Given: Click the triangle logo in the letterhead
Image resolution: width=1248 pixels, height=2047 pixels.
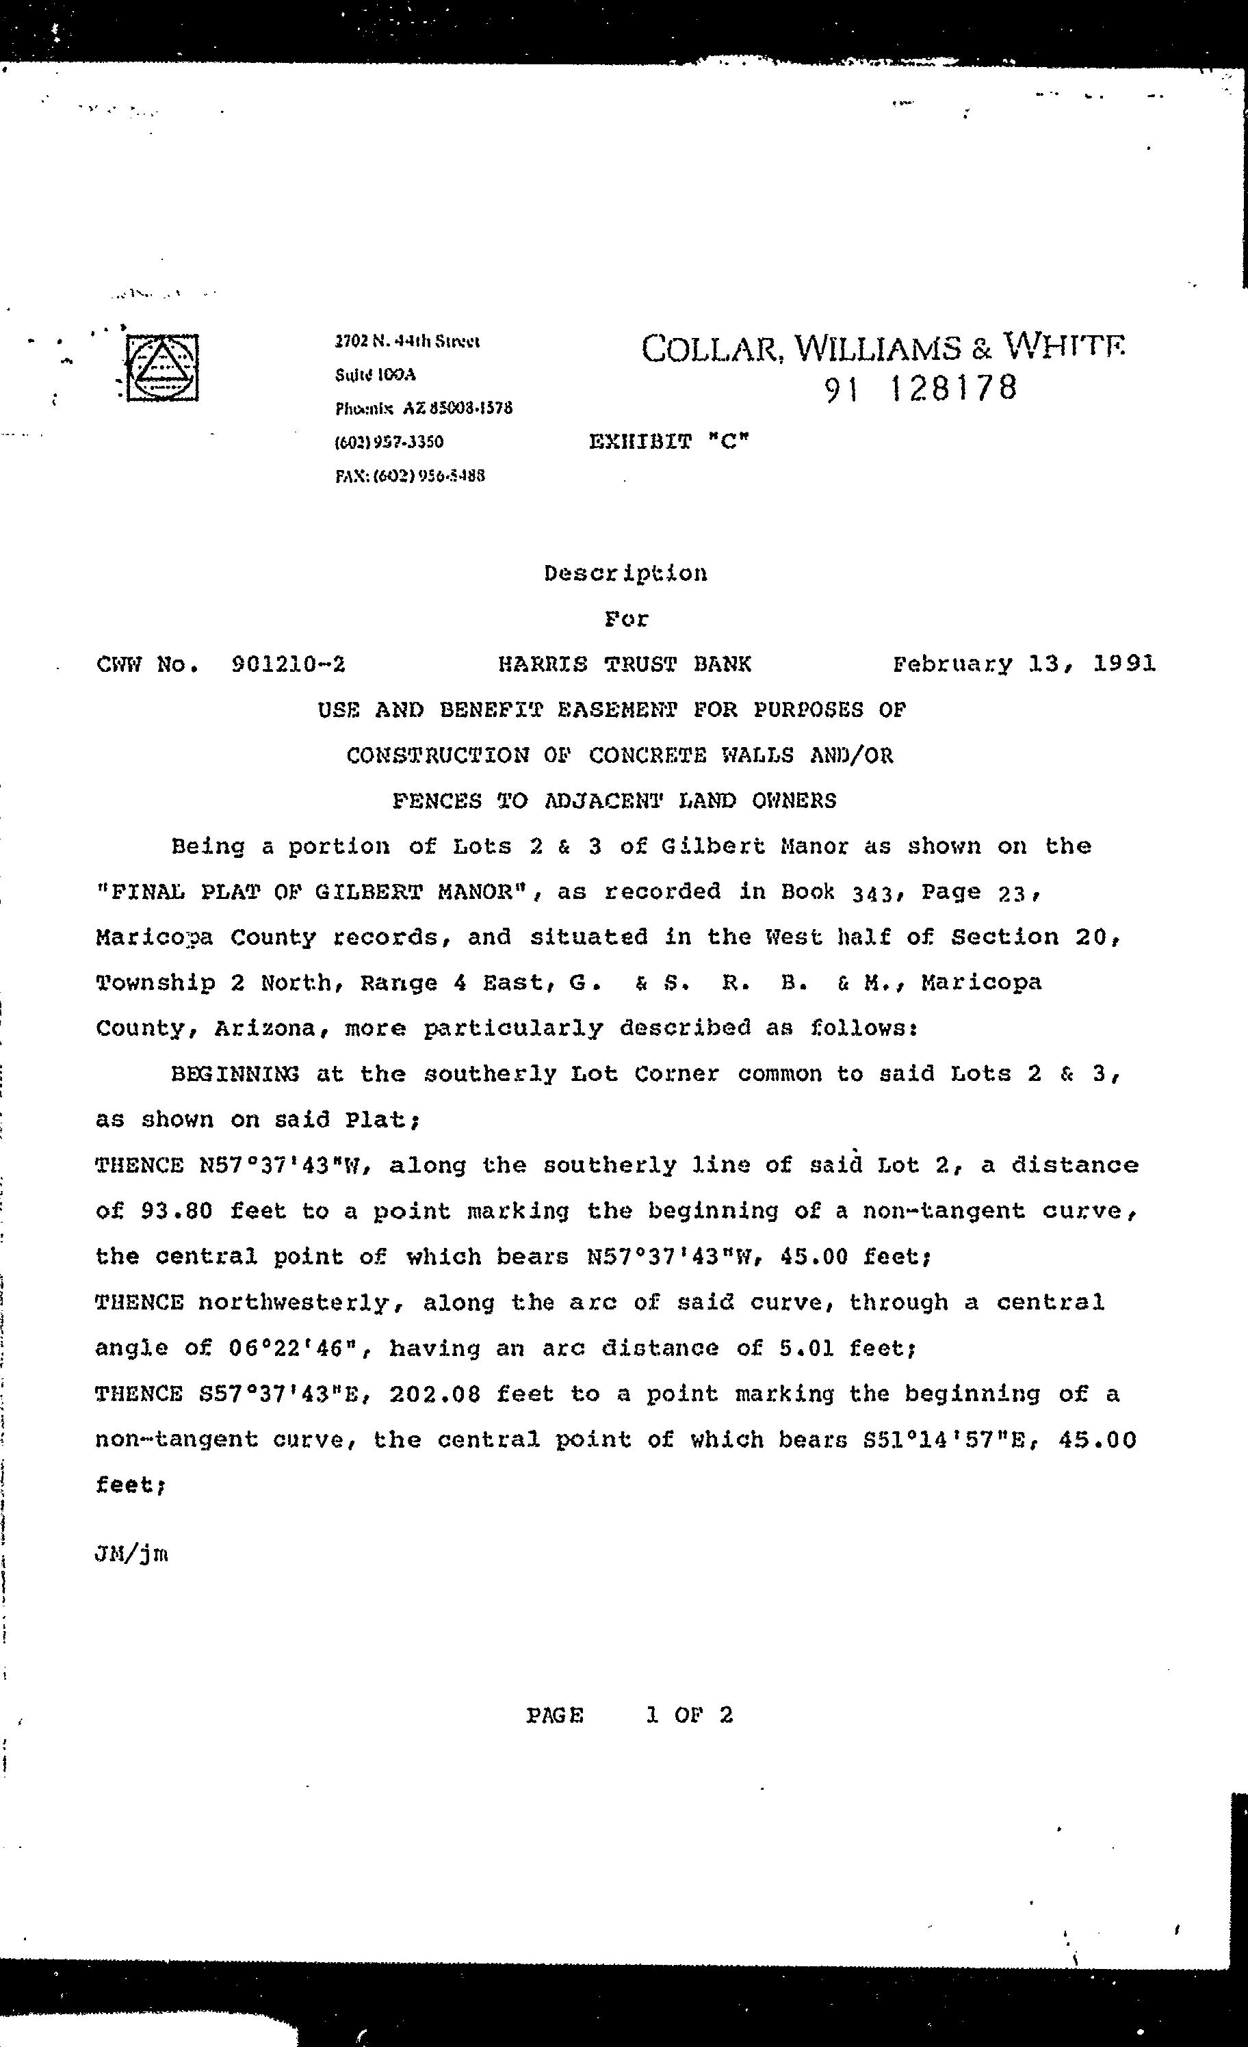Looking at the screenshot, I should click(x=162, y=367).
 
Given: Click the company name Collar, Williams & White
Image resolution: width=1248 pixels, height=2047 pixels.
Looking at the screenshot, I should click(x=883, y=349).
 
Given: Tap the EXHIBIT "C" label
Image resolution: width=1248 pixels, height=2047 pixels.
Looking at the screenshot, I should click(x=669, y=441).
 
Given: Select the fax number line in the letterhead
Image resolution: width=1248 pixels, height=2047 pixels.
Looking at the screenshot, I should click(x=410, y=476).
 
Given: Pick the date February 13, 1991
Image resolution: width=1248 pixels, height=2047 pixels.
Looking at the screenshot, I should click(x=1024, y=664).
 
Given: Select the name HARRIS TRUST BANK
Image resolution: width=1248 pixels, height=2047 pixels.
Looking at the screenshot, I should click(x=624, y=664).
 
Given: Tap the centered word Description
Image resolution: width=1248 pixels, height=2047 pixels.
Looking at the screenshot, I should click(x=625, y=573).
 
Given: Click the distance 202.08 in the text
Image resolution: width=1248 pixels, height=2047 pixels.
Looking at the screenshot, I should click(x=434, y=1393).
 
